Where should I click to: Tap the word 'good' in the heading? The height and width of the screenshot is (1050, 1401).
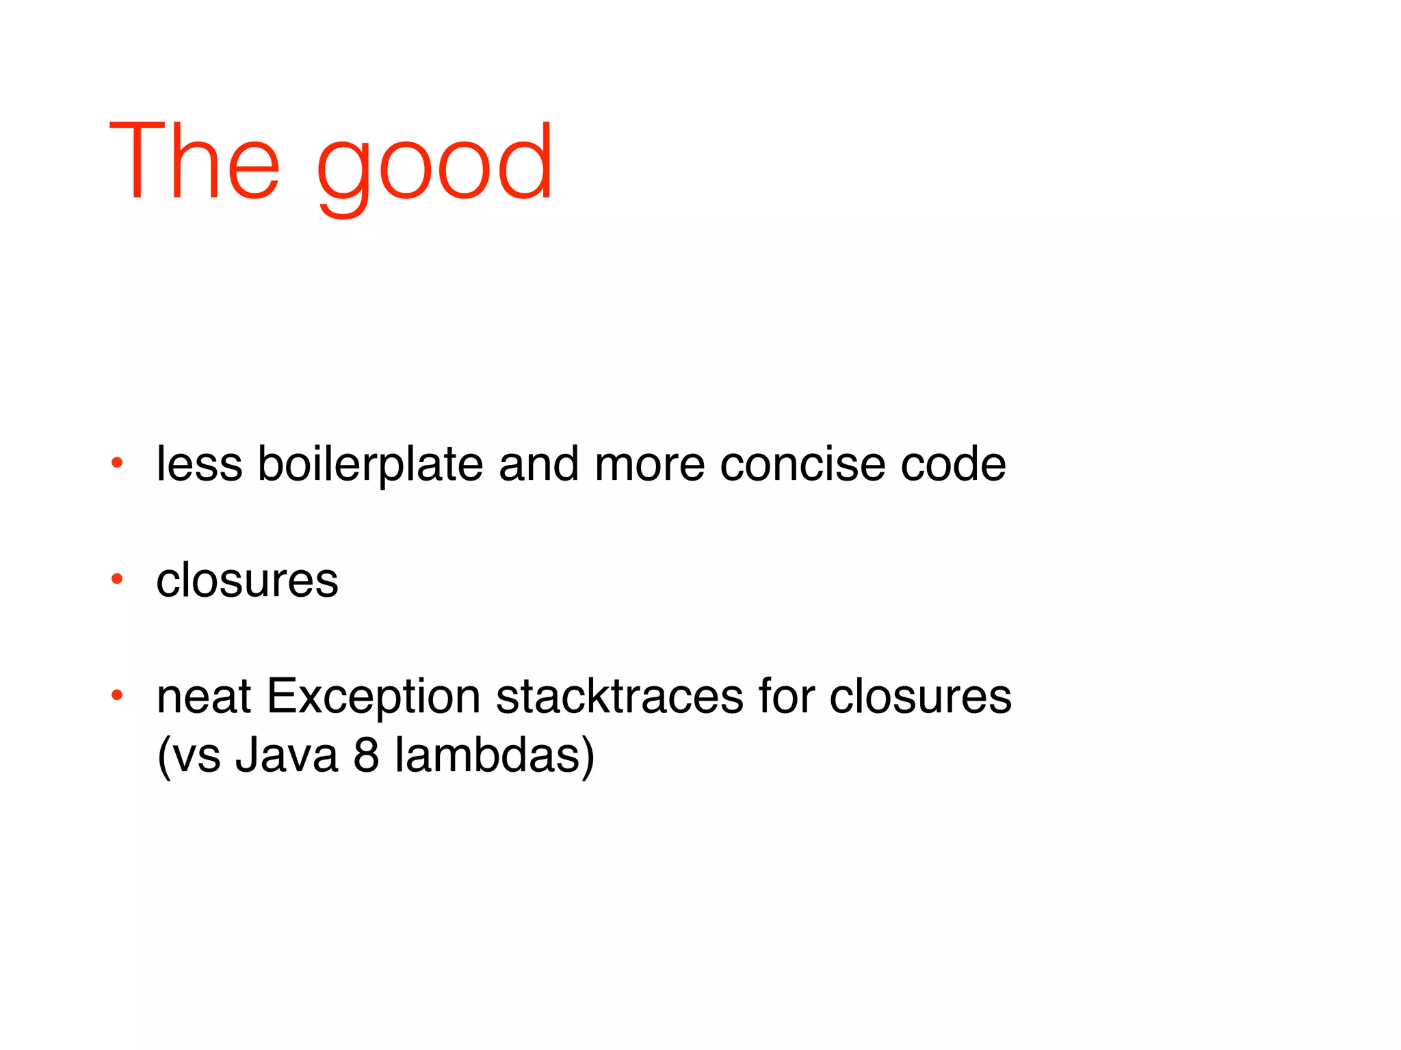pyautogui.click(x=434, y=167)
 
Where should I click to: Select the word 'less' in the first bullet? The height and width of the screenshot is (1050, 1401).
pyautogui.click(x=199, y=464)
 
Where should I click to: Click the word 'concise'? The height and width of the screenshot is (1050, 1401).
pyautogui.click(x=803, y=464)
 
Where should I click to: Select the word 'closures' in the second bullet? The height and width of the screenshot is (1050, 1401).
pyautogui.click(x=247, y=580)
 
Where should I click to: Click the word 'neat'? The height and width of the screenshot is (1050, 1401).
pyautogui.click(x=203, y=697)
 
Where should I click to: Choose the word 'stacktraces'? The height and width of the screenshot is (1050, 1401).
pyautogui.click(x=619, y=697)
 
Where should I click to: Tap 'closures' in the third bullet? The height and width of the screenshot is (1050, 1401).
pyautogui.click(x=920, y=697)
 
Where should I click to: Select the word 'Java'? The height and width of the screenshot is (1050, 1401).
pyautogui.click(x=287, y=755)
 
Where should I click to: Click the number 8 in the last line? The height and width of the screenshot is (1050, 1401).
pyautogui.click(x=366, y=755)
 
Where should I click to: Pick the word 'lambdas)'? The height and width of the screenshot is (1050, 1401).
pyautogui.click(x=495, y=755)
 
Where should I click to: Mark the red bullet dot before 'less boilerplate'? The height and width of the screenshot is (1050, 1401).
pyautogui.click(x=117, y=463)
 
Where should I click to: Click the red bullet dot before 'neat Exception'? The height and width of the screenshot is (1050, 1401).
pyautogui.click(x=117, y=695)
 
